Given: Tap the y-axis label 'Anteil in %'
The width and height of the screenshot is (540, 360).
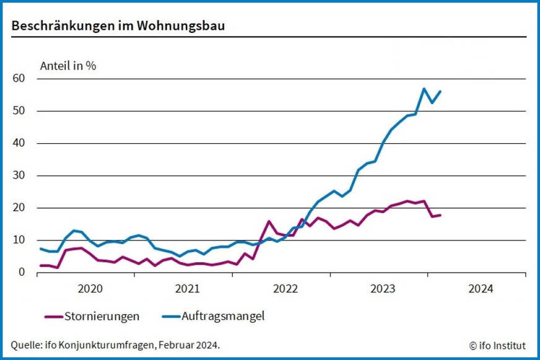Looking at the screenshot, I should tap(68, 65).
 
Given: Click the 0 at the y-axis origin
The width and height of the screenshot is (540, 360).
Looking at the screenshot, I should tap(22, 272).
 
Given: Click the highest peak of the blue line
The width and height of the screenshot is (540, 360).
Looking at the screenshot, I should tap(424, 89).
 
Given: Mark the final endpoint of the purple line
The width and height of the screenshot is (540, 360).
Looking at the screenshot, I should tap(440, 215).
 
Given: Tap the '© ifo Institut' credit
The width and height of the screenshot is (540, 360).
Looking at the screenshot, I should tap(498, 345).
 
